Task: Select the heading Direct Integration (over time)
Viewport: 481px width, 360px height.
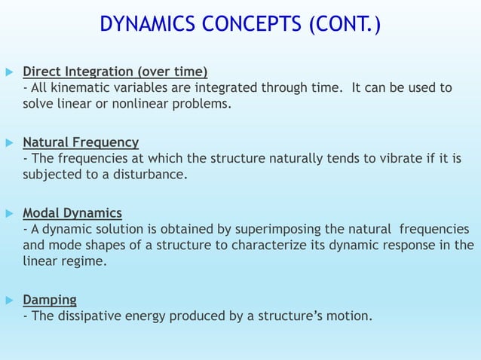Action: [115, 72]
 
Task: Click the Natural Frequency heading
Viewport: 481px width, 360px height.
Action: [81, 142]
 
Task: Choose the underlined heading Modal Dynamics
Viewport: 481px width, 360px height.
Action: [72, 212]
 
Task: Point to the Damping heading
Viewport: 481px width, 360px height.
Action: [50, 299]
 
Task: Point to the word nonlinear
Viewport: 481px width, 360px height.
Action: [144, 103]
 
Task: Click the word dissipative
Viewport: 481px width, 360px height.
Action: [89, 316]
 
